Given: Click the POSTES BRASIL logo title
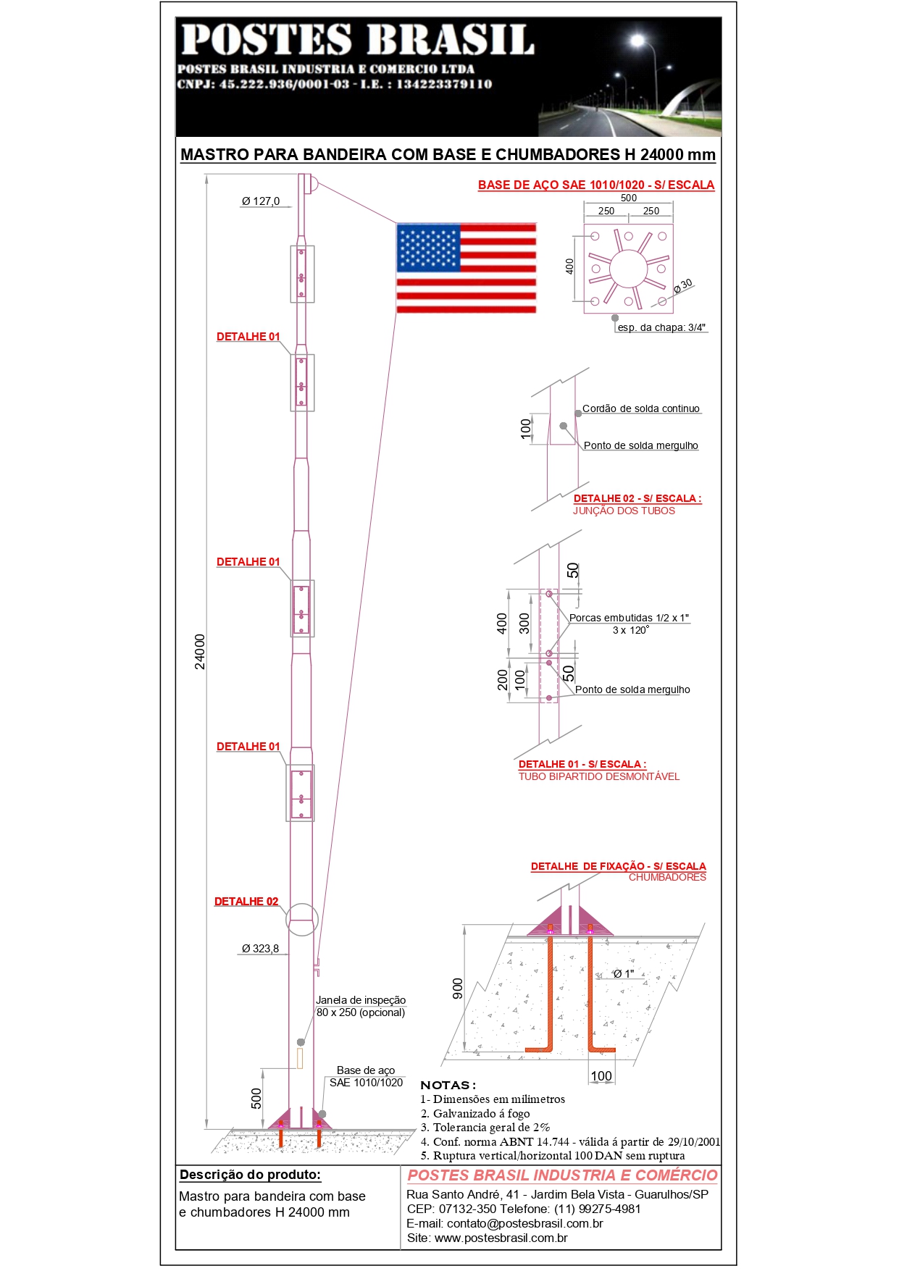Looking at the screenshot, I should pos(357,40).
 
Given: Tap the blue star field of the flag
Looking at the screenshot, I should pos(429,248).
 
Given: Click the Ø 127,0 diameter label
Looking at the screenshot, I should pos(261,201).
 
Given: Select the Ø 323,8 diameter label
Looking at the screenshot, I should pos(260,949).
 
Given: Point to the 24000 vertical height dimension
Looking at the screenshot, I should pos(200,652).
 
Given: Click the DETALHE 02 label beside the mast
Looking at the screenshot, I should pos(246,902).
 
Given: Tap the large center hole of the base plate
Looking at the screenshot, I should pos(628,269).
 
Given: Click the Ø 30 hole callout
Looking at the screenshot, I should pos(682,286).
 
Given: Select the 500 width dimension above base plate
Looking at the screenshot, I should pos(629,198).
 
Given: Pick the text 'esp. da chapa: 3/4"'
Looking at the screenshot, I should pos(661,328).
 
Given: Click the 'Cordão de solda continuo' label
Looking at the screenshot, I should pos(641,408).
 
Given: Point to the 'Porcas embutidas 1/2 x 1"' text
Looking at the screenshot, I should pos(629,618).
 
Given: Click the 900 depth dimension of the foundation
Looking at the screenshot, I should pos(458,988).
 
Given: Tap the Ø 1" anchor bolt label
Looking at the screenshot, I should pos(624,974).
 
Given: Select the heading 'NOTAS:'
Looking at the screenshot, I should pos(448,1085).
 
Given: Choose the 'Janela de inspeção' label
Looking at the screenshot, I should pos(361,1000).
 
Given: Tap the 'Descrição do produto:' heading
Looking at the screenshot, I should pos(250,1175).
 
